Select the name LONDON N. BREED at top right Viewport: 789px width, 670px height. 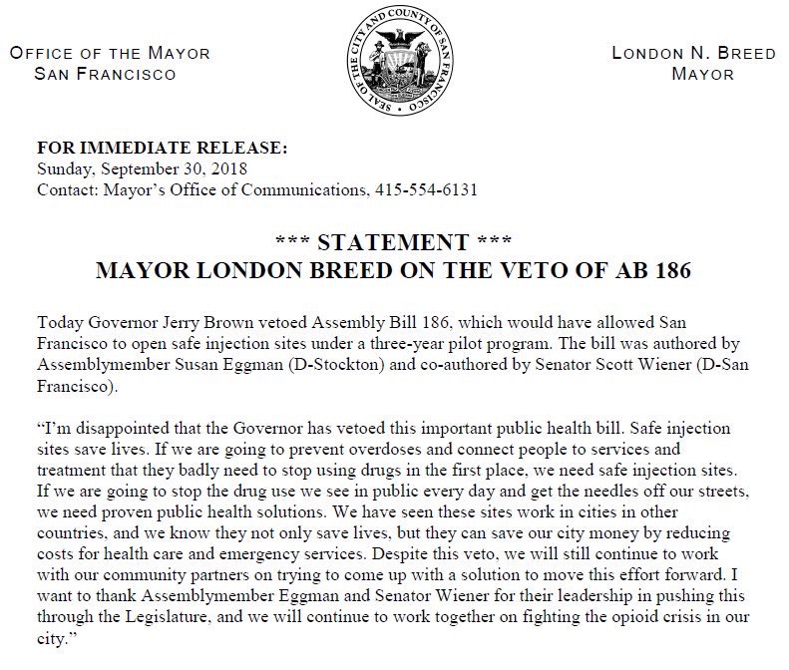tap(693, 54)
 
